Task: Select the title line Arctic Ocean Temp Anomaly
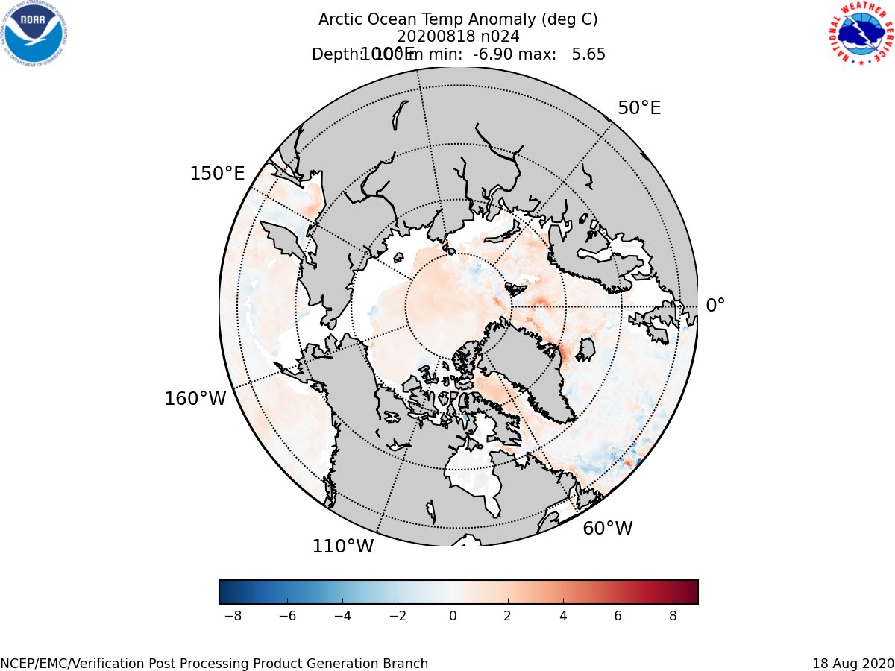click(458, 19)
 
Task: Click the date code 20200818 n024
click(458, 37)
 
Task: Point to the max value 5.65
click(588, 54)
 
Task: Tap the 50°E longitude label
click(638, 108)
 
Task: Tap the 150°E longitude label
click(217, 174)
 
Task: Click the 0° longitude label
click(715, 306)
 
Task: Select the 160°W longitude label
click(195, 399)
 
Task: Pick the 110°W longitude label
click(342, 546)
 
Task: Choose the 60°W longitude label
click(607, 529)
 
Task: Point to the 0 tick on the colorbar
click(453, 617)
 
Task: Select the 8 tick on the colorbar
click(673, 617)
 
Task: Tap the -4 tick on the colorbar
click(342, 617)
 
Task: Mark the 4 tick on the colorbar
click(563, 617)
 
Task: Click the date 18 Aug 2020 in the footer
click(852, 664)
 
